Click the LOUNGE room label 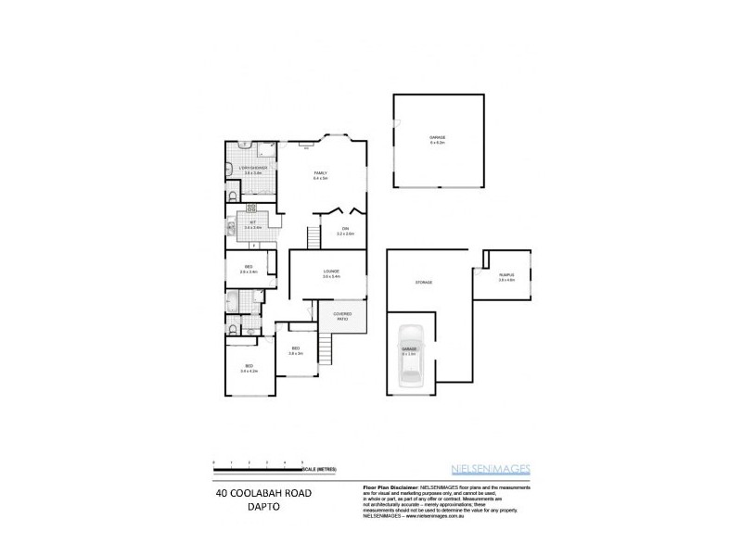click(x=331, y=273)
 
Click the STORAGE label click(x=425, y=282)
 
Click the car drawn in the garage click(x=410, y=357)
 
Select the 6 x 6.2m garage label click(x=437, y=141)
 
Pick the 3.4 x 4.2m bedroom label click(x=249, y=369)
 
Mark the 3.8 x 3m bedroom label click(x=296, y=351)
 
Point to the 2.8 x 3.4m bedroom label click(x=249, y=270)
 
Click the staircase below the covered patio click(x=325, y=350)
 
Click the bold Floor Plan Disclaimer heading click(x=387, y=486)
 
